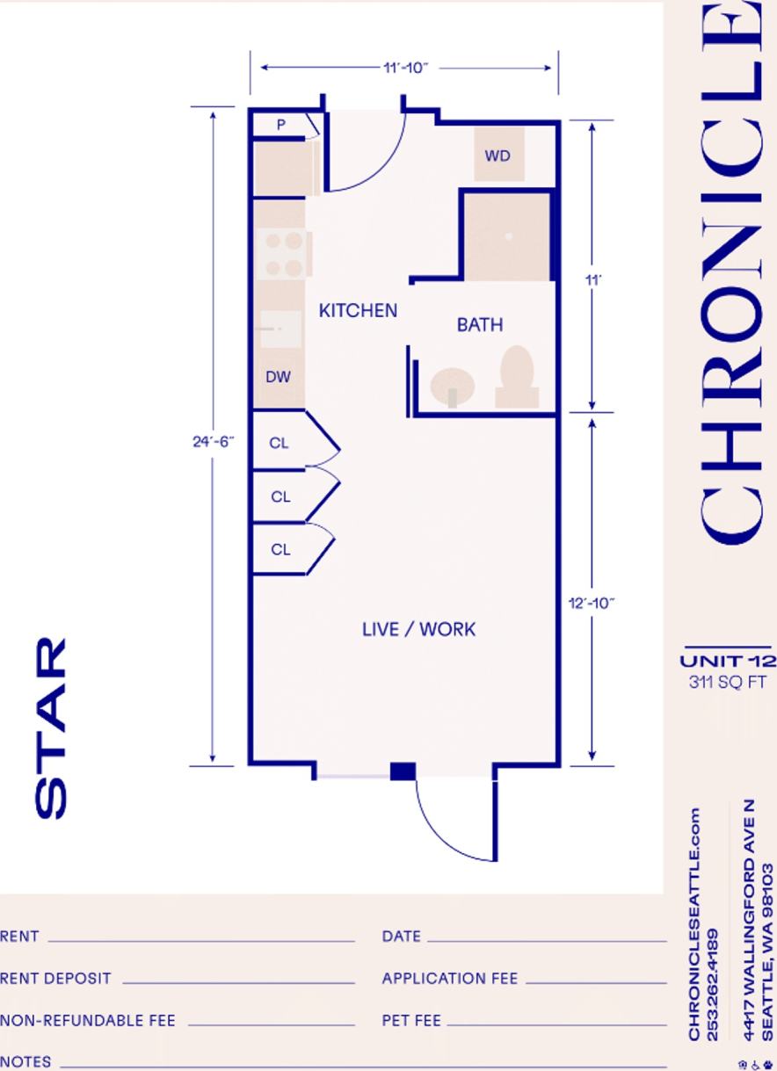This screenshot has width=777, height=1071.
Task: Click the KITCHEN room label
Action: [x=358, y=311]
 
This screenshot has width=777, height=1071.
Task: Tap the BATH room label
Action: [x=480, y=325]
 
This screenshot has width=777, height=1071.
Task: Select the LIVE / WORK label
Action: [x=418, y=629]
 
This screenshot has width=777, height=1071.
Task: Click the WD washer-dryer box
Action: [x=497, y=156]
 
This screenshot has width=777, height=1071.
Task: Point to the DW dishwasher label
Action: [x=278, y=377]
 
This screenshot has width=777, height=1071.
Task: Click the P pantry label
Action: [x=281, y=125]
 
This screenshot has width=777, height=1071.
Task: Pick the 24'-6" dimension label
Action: [x=212, y=442]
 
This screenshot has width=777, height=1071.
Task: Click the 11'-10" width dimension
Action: [x=405, y=68]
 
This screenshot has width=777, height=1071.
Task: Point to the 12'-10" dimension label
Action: [x=592, y=602]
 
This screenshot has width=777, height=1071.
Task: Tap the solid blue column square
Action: [x=403, y=771]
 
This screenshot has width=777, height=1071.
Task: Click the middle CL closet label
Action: [x=280, y=497]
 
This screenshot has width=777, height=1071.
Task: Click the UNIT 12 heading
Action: [x=727, y=662]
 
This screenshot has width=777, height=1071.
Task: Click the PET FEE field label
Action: [x=411, y=1021]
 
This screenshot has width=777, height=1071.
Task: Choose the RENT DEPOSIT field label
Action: [x=55, y=979]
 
